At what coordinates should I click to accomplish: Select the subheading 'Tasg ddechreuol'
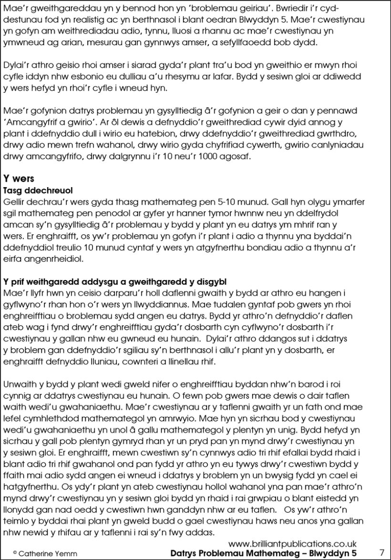(38, 190)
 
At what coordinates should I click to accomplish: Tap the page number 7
(381, 552)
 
